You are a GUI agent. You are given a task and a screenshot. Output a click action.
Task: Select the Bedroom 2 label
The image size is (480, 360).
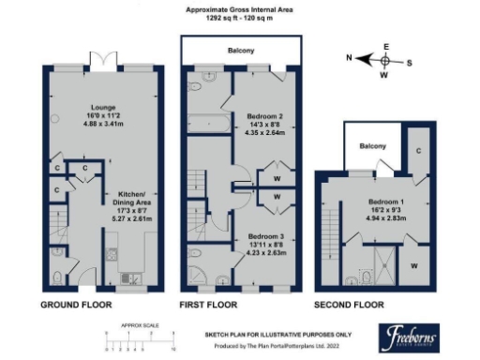pos(260,116)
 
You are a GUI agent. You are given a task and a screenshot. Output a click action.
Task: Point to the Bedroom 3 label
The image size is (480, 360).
pos(260,236)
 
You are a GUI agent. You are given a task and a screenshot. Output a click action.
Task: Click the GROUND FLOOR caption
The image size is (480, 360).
pos(78,306)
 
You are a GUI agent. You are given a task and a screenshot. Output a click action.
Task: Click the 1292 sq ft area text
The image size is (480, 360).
pos(240,19)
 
